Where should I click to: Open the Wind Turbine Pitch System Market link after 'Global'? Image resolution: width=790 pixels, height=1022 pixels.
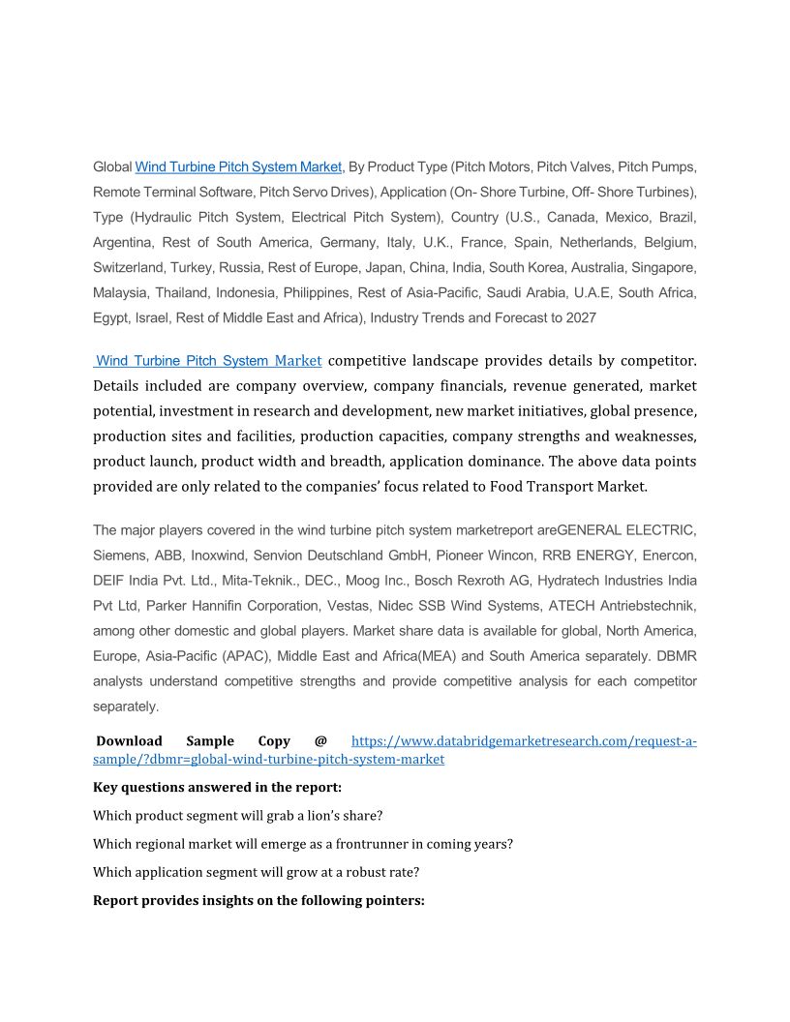[x=239, y=166]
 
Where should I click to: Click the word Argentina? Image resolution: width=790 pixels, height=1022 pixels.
[x=123, y=242]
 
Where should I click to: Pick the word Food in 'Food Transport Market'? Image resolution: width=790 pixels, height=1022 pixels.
[x=511, y=486]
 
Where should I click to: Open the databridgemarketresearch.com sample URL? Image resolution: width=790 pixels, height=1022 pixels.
[x=523, y=741]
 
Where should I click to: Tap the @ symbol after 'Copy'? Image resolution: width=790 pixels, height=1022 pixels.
[x=320, y=741]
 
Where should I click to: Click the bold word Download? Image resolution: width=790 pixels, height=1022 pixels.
[x=129, y=741]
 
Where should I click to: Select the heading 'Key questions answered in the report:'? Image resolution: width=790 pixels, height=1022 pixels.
[x=217, y=787]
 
